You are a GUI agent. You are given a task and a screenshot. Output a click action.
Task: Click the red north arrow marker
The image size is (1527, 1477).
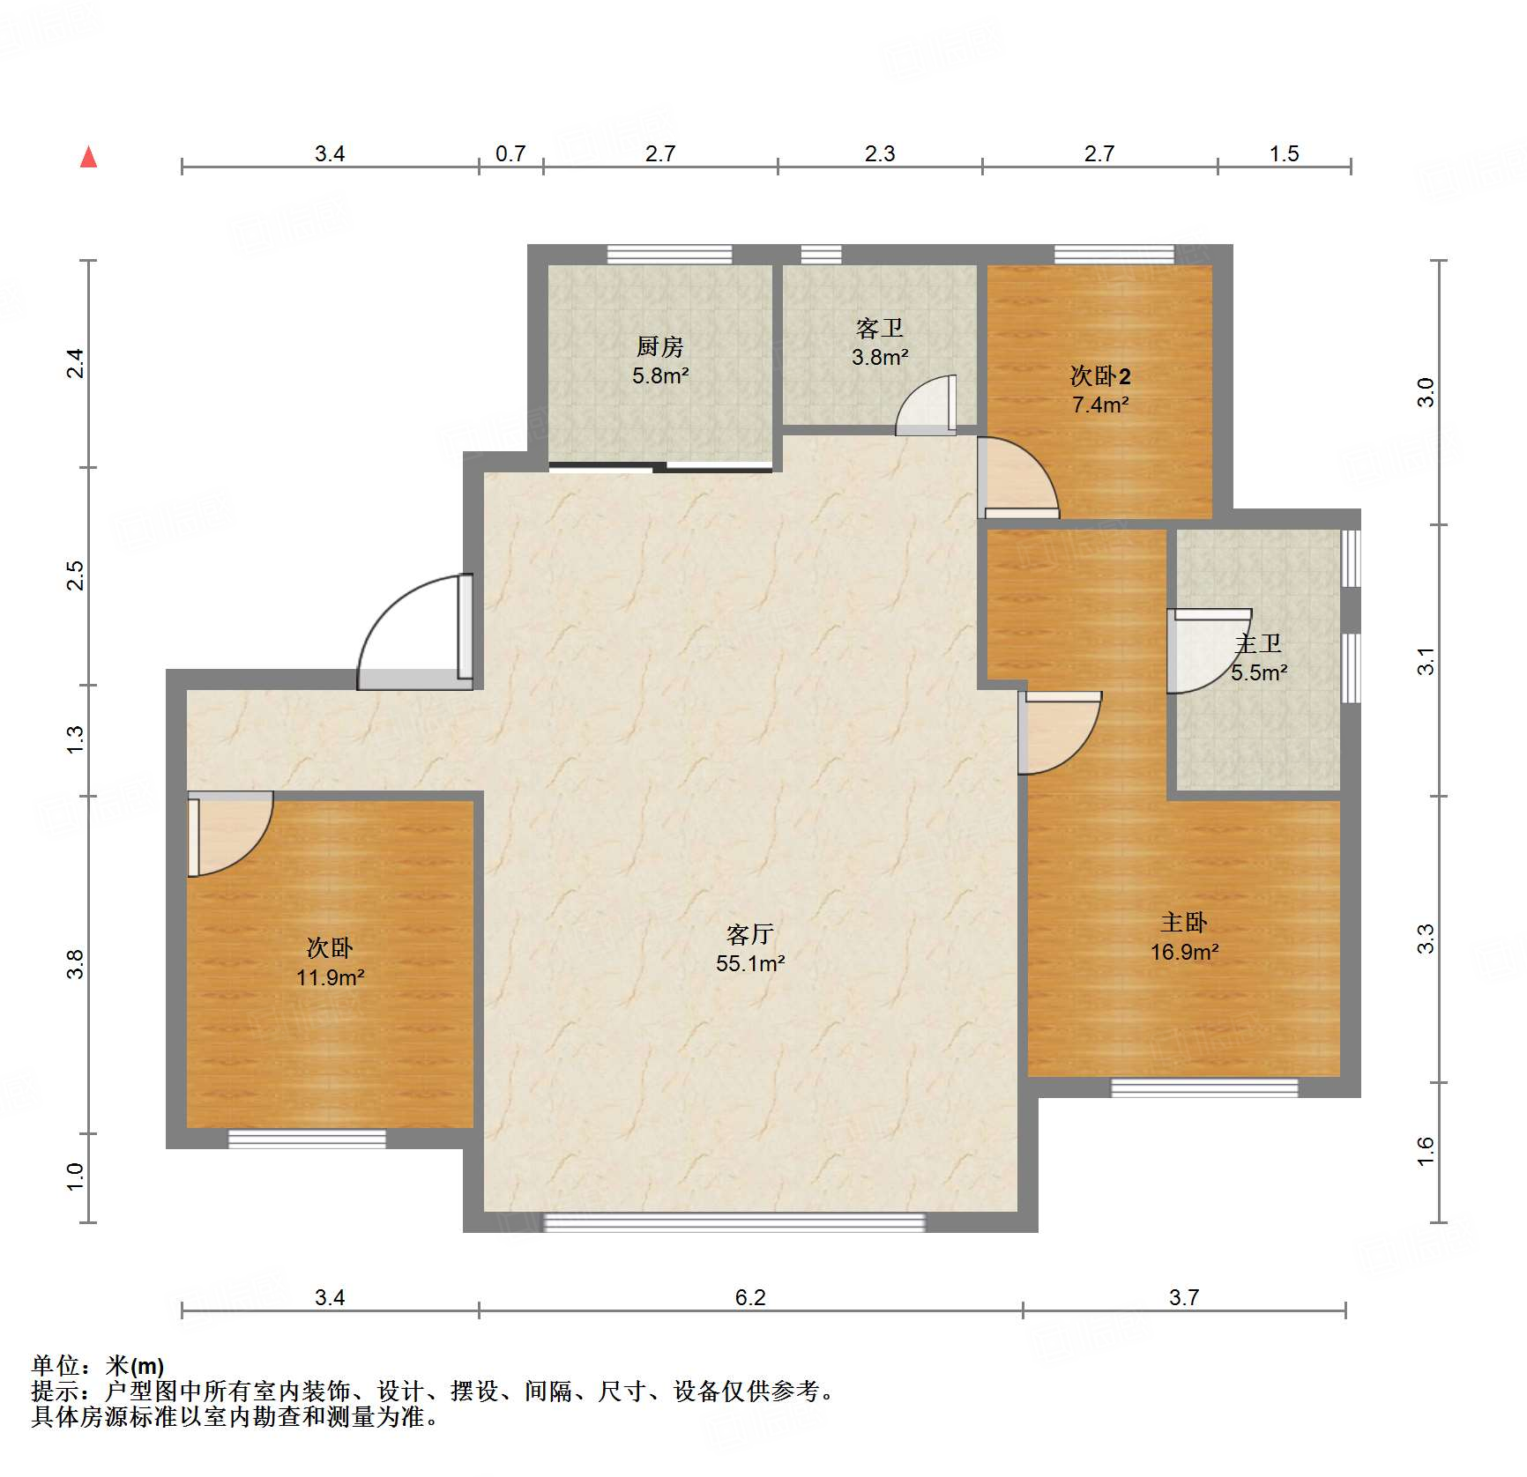point(88,157)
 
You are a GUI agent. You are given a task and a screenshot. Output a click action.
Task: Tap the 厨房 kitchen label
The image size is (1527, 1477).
point(659,346)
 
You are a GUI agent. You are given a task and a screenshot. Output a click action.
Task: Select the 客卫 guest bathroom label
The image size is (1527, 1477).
point(879,328)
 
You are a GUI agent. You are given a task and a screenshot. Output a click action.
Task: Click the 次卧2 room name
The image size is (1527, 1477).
point(1099,376)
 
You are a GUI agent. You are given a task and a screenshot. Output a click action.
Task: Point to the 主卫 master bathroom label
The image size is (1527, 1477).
point(1258,644)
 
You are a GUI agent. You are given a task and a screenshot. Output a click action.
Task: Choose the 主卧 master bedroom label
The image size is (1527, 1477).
point(1183,923)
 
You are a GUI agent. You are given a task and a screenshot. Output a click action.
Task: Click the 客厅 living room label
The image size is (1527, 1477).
point(749,934)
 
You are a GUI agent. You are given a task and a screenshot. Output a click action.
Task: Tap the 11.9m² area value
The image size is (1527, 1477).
point(330,977)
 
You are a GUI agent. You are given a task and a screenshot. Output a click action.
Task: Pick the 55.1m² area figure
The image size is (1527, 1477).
point(749,963)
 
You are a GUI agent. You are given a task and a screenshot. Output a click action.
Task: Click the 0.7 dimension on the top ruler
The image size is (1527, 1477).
point(510,153)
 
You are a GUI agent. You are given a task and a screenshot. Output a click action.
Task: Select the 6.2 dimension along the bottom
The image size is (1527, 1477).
point(750,1297)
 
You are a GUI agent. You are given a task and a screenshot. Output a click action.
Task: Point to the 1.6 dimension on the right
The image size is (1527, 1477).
point(1426,1152)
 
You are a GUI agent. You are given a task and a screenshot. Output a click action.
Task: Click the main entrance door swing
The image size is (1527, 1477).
point(414,631)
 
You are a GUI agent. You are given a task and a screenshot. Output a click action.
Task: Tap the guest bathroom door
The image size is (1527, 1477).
point(926,405)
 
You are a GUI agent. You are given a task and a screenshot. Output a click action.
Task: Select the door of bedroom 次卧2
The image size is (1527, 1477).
point(1017,478)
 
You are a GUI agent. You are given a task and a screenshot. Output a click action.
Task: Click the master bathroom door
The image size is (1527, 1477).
point(1209,650)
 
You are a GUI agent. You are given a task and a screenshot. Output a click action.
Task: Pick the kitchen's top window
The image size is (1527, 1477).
point(669,254)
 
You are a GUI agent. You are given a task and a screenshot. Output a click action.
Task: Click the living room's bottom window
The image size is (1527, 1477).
point(734,1222)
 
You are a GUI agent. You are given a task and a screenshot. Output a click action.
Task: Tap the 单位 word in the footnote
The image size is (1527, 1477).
point(56,1366)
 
